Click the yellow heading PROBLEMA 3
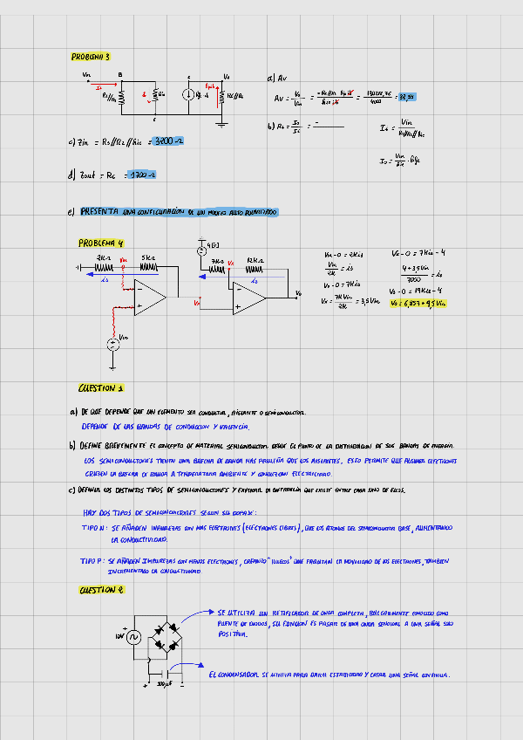point(91,57)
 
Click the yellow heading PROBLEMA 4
point(102,243)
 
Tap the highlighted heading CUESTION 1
point(101,388)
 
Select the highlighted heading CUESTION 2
point(101,591)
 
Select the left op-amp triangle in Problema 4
point(151,299)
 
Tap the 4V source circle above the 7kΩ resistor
point(200,251)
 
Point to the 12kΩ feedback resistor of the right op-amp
point(255,269)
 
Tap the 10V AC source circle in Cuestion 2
point(134,639)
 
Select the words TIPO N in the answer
point(93,529)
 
